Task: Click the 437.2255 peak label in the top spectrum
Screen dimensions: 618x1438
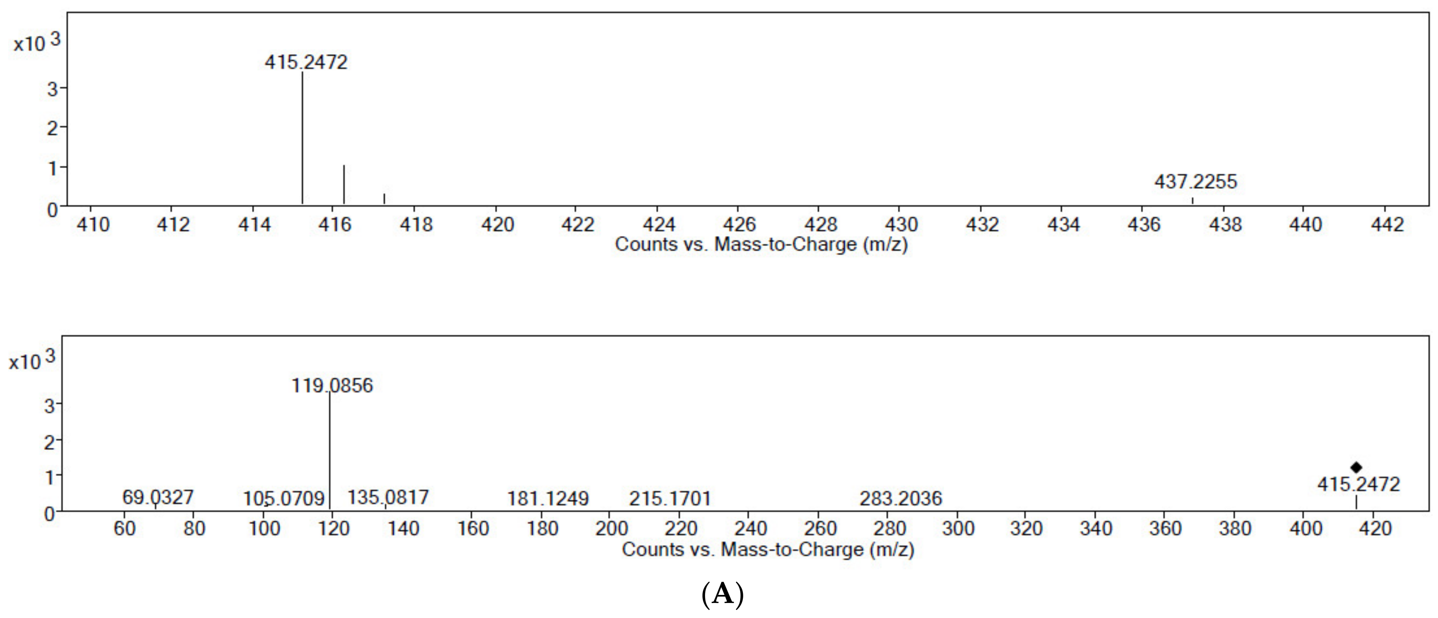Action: tap(1195, 182)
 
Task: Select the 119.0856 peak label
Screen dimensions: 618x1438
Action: tap(332, 385)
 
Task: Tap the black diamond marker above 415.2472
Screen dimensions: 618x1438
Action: tap(1356, 468)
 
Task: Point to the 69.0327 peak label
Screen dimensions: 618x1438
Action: tap(158, 497)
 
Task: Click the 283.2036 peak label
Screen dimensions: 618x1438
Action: tap(900, 498)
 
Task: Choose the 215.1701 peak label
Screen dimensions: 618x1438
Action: tap(670, 498)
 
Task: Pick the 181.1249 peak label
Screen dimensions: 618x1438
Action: tap(548, 498)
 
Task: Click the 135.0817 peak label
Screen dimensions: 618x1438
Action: tap(388, 497)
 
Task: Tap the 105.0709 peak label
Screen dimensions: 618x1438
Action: tap(283, 498)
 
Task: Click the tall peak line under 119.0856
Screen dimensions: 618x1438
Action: tap(330, 452)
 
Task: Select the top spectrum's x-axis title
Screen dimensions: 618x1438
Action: tap(761, 244)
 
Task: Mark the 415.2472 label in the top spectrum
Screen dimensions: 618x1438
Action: tap(306, 62)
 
